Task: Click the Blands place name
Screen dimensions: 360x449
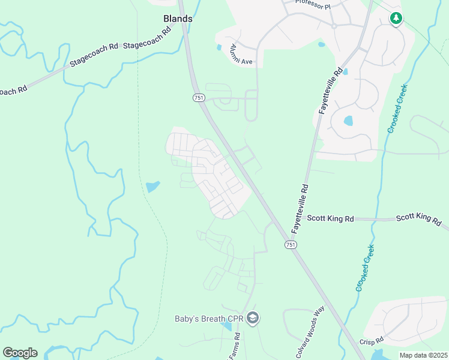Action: (178, 19)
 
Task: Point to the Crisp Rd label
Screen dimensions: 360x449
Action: (372, 341)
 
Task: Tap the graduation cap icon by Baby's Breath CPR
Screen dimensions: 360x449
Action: (252, 318)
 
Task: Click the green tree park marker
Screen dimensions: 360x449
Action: (396, 19)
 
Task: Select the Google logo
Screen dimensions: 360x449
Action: (20, 353)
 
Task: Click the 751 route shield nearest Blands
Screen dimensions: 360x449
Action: (199, 97)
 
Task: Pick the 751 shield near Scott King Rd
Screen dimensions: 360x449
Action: (291, 245)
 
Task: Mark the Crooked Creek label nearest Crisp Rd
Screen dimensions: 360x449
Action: (364, 268)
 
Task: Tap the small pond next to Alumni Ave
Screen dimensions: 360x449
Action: (219, 47)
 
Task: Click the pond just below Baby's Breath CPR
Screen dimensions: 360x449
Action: (226, 326)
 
